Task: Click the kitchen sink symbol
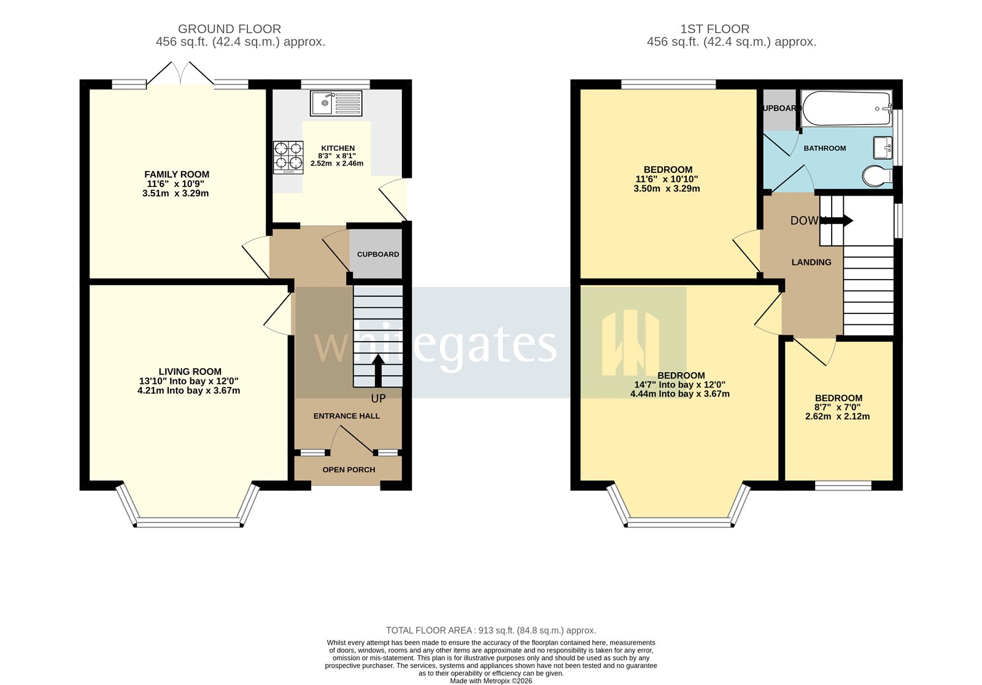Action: [336, 103]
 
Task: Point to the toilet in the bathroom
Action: [876, 177]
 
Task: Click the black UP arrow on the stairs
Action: [378, 370]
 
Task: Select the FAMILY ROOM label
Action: [177, 175]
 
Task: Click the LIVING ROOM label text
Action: [190, 372]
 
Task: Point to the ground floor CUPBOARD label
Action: [378, 254]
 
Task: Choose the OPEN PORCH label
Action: [349, 470]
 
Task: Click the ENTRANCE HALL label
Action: [346, 416]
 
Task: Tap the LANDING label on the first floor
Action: [811, 262]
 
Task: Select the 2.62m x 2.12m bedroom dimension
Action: [838, 416]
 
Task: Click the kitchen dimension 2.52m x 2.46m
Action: [337, 164]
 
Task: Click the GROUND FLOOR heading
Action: [229, 29]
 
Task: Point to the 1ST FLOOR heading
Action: [714, 29]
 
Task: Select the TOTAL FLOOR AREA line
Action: [490, 630]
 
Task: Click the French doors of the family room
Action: [180, 75]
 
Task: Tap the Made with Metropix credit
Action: [490, 681]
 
